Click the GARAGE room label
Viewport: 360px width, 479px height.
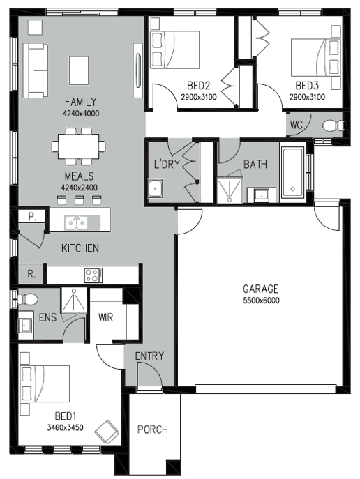(260, 289)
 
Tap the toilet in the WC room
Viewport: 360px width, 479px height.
(333, 126)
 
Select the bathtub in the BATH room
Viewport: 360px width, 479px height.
(292, 173)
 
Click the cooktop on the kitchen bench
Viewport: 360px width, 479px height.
(93, 275)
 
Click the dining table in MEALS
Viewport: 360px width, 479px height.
(79, 146)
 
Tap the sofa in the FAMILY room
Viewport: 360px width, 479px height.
(35, 70)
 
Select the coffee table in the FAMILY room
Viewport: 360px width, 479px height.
(79, 70)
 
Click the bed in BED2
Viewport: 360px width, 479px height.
(175, 50)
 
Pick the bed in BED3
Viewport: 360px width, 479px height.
(316, 57)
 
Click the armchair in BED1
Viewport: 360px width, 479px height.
(106, 432)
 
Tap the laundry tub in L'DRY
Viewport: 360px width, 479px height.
(156, 188)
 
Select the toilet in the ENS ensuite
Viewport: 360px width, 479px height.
(27, 299)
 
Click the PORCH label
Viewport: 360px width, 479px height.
(153, 429)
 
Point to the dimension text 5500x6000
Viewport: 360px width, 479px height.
(261, 301)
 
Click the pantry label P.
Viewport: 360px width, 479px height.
(32, 217)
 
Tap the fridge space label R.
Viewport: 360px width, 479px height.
(31, 274)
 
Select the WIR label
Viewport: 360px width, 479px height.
(106, 317)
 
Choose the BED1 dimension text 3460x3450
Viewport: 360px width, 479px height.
(65, 427)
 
